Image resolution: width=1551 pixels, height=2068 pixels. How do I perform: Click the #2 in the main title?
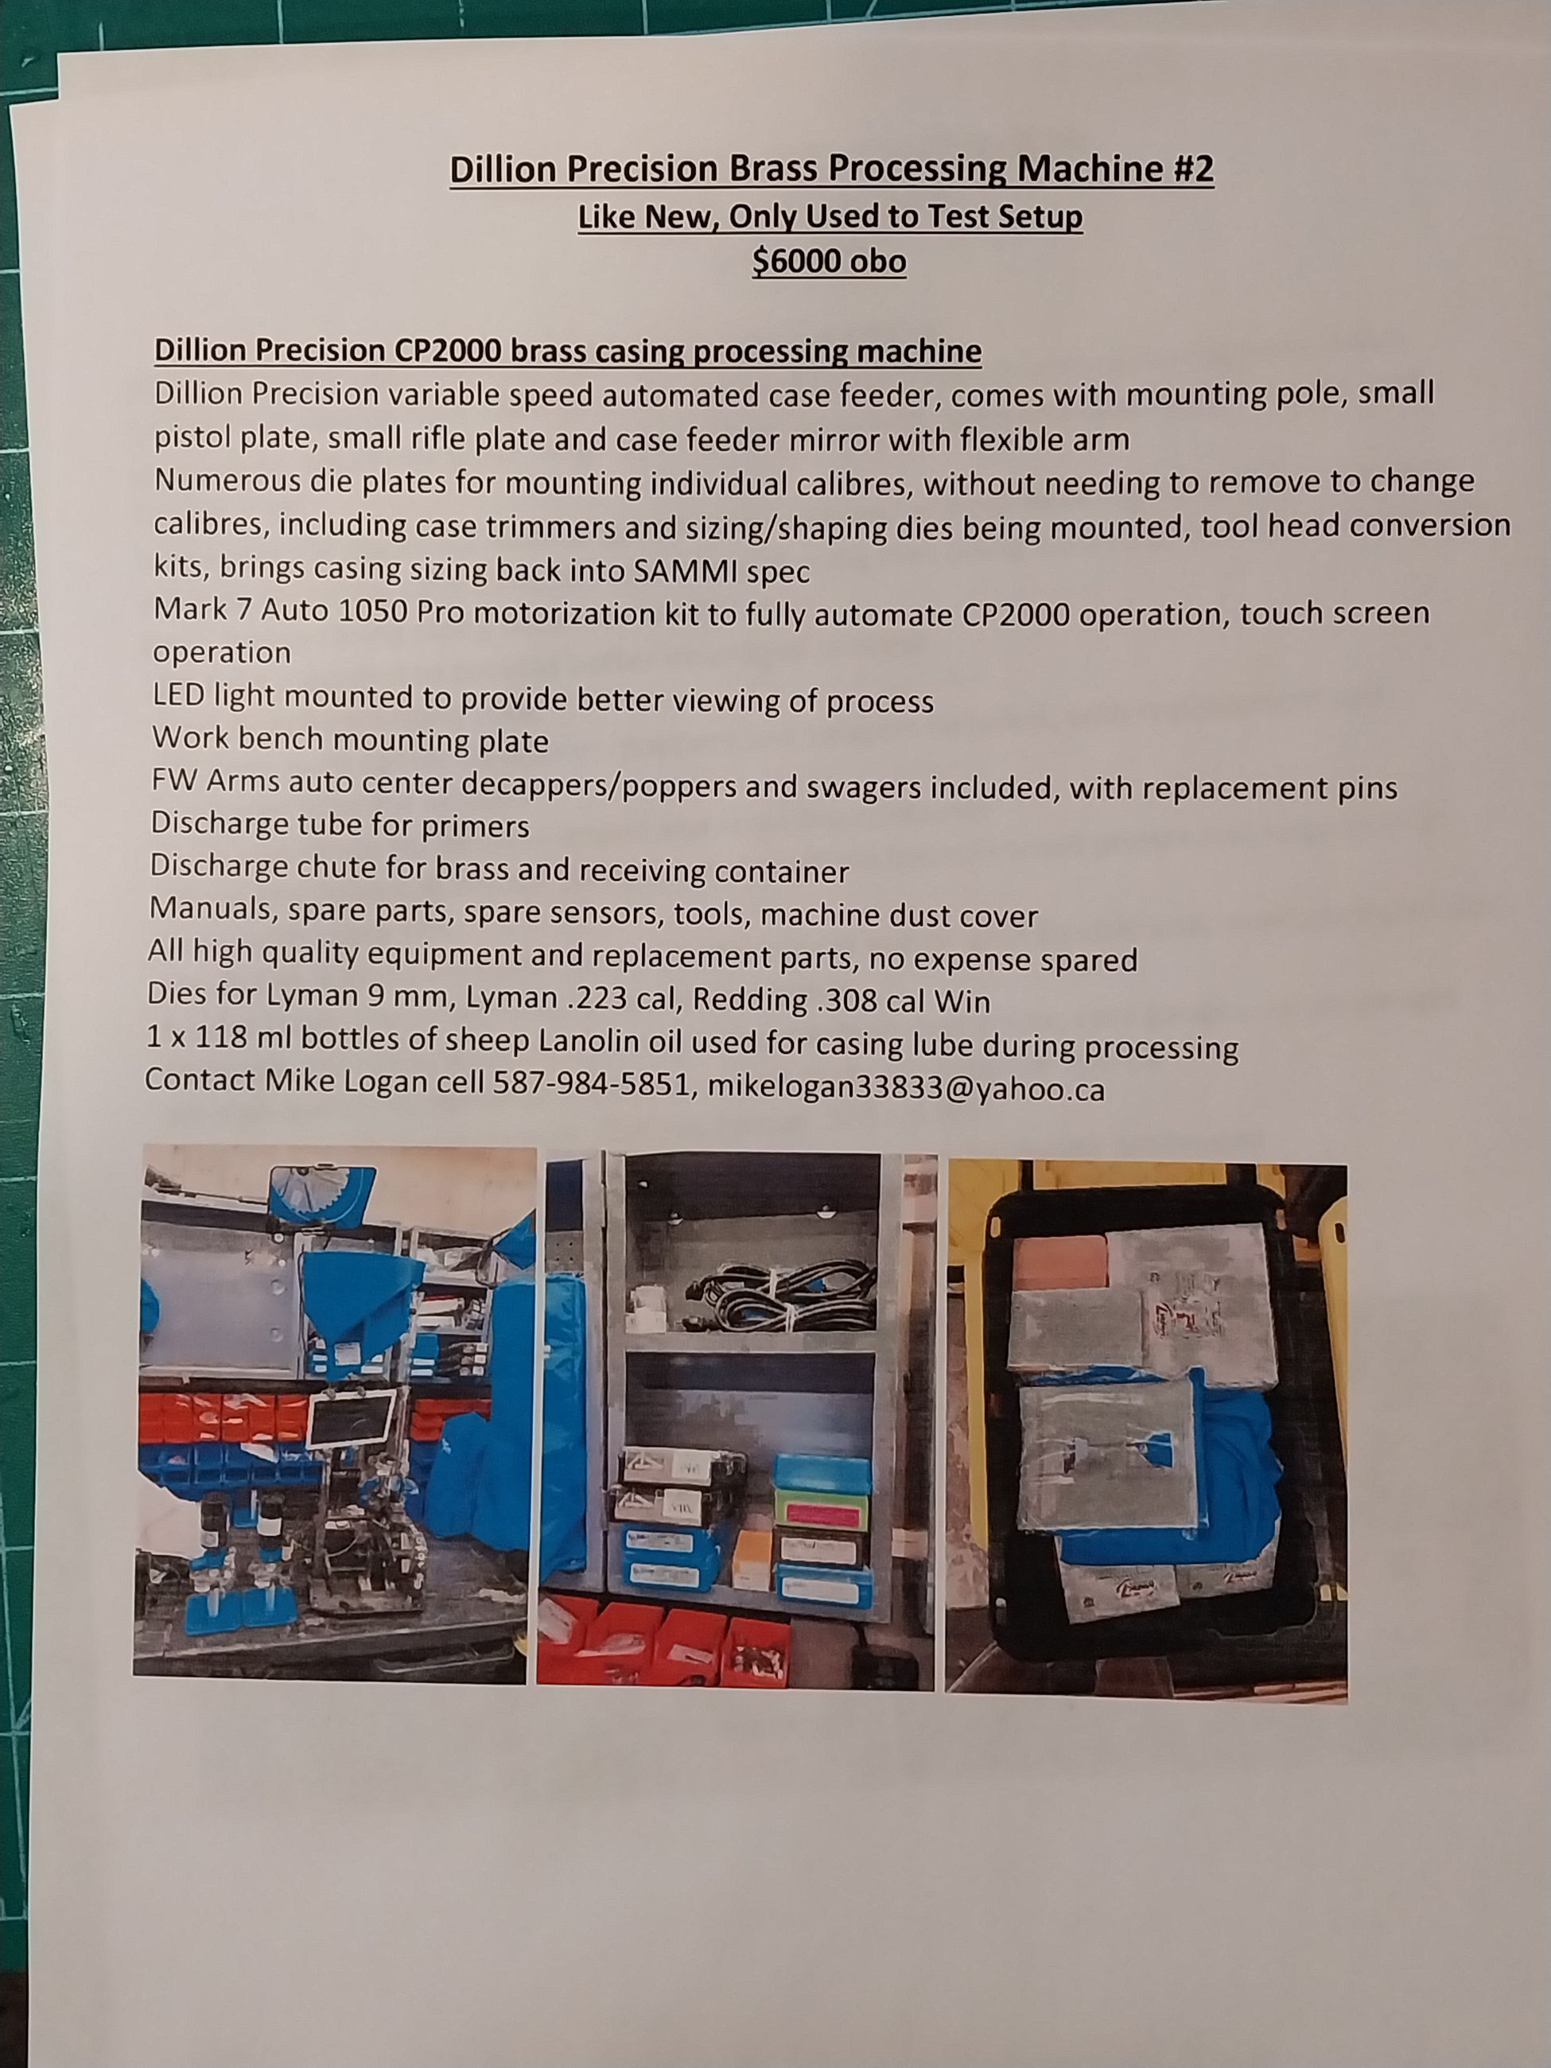[x=1188, y=169]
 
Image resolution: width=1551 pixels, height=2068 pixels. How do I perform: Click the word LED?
[x=177, y=697]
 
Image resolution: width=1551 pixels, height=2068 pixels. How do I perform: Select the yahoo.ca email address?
[x=906, y=1088]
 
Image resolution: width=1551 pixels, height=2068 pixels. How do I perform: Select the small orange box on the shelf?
[x=752, y=1553]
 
